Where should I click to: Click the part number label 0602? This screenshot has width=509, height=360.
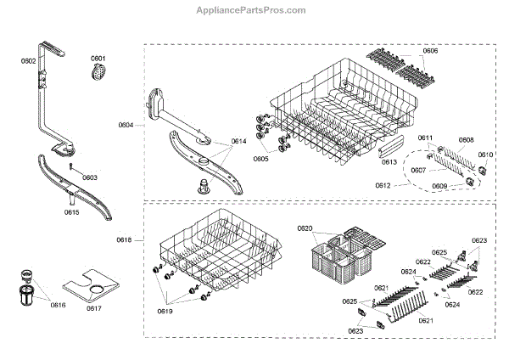[x=28, y=61]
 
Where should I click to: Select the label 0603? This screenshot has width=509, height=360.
[x=90, y=177]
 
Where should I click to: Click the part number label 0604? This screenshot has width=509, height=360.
[x=126, y=125]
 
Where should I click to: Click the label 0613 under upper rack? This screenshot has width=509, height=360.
[x=389, y=161]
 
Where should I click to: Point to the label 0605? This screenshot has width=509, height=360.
[x=260, y=159]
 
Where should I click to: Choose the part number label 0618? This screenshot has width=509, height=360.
[x=125, y=241]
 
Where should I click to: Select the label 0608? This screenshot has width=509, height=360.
[x=466, y=140]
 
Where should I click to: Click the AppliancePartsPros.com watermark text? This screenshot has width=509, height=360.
[x=255, y=10]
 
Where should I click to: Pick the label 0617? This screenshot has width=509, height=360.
[x=93, y=308]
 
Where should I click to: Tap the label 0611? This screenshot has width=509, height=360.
[x=425, y=138]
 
